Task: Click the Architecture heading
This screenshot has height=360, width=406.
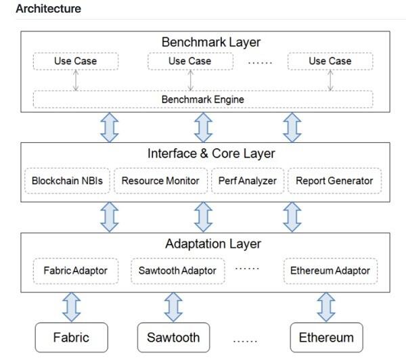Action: pyautogui.click(x=49, y=9)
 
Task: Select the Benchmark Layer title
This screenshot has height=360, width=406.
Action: pyautogui.click(x=211, y=42)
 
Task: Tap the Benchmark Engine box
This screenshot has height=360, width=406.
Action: pyautogui.click(x=203, y=99)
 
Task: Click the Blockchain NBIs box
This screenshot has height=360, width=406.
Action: pyautogui.click(x=67, y=181)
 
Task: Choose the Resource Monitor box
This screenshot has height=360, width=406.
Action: pyautogui.click(x=160, y=181)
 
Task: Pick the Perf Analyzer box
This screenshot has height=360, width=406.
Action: pyautogui.click(x=248, y=181)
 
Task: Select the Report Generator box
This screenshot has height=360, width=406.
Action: pyautogui.click(x=334, y=181)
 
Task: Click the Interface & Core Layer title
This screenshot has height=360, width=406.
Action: pyautogui.click(x=211, y=154)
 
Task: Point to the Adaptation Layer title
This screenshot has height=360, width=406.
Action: pyautogui.click(x=213, y=244)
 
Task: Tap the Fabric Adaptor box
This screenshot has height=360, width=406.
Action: pyautogui.click(x=76, y=271)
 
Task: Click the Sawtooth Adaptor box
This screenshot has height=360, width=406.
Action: pyautogui.click(x=177, y=271)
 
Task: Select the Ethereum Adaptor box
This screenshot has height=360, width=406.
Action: pyautogui.click(x=330, y=271)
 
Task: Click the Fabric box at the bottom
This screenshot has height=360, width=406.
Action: pyautogui.click(x=72, y=337)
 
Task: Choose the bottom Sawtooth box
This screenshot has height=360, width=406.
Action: pyautogui.click(x=173, y=337)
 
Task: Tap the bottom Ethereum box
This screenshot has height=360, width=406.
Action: pyautogui.click(x=327, y=337)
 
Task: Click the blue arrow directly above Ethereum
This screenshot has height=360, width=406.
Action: pyautogui.click(x=326, y=307)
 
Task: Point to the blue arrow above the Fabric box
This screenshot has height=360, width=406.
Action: pyautogui.click(x=72, y=307)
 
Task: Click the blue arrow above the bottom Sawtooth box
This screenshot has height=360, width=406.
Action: pyautogui.click(x=173, y=307)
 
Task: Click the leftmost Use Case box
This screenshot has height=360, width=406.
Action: pyautogui.click(x=76, y=61)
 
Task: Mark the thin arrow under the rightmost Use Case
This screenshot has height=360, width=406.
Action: pyautogui.click(x=330, y=81)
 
